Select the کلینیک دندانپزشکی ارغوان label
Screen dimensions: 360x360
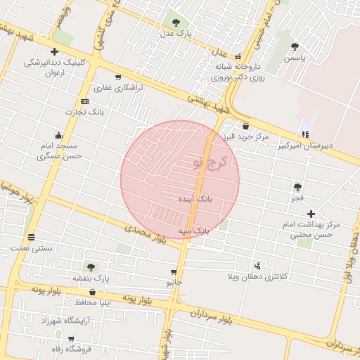[56, 67]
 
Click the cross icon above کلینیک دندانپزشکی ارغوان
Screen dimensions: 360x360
[54, 51]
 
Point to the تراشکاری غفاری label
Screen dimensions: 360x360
[118, 89]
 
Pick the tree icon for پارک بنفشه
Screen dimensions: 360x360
[90, 267]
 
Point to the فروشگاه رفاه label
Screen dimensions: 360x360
[62, 349]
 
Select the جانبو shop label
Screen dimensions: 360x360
[174, 283]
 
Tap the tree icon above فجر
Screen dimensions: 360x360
[297, 187]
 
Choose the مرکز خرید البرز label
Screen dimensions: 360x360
[246, 136]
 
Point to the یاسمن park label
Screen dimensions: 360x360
[295, 59]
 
